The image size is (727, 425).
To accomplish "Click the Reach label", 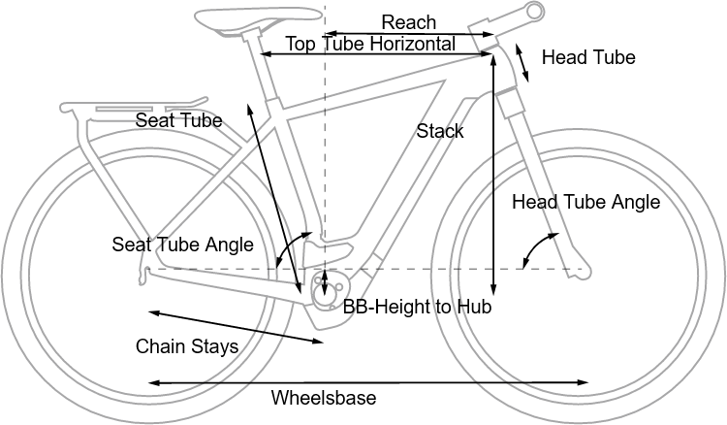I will coord(409,22).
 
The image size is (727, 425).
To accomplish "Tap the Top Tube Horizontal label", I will coord(370,45).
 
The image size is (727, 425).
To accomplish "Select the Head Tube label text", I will coord(588,58).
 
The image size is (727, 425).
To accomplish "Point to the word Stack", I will coord(440,131).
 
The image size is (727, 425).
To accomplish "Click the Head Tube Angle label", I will coord(585,203).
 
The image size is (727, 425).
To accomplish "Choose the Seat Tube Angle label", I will coord(182,245).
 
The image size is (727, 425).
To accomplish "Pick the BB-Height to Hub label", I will coord(418,308).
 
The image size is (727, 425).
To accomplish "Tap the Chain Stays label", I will coord(186,346).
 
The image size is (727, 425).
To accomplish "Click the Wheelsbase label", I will coord(323,398).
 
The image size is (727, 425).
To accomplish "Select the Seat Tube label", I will coord(178,120).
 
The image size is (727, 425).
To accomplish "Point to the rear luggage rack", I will coord(136,106).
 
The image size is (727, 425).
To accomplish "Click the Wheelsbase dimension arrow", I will coord(368,383).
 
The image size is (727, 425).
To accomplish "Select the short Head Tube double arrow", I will coord(522,61).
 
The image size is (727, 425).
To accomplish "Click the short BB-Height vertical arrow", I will coord(326,282).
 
